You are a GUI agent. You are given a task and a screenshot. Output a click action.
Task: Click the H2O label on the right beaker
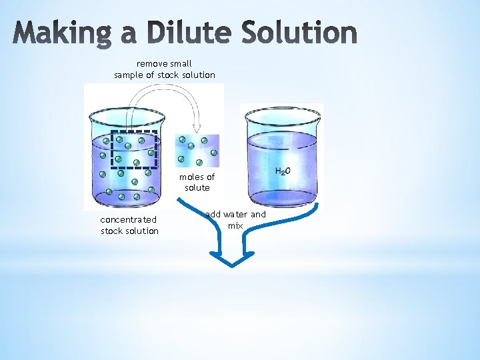tap(283, 171)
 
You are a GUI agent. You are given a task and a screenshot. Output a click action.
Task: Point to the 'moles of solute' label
tap(197, 182)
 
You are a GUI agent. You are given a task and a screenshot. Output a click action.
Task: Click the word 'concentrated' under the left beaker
tap(129, 219)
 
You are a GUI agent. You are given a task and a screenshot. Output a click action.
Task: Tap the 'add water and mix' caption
tap(235, 220)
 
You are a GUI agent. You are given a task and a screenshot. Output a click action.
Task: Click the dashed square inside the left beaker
tap(134, 148)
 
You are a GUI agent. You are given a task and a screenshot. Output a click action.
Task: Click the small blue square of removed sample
tap(197, 151)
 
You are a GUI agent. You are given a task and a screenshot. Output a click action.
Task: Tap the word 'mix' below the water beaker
tap(235, 226)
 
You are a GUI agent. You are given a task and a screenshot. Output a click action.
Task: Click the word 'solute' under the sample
tap(197, 188)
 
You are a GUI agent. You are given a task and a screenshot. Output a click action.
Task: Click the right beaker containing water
tap(283, 157)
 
